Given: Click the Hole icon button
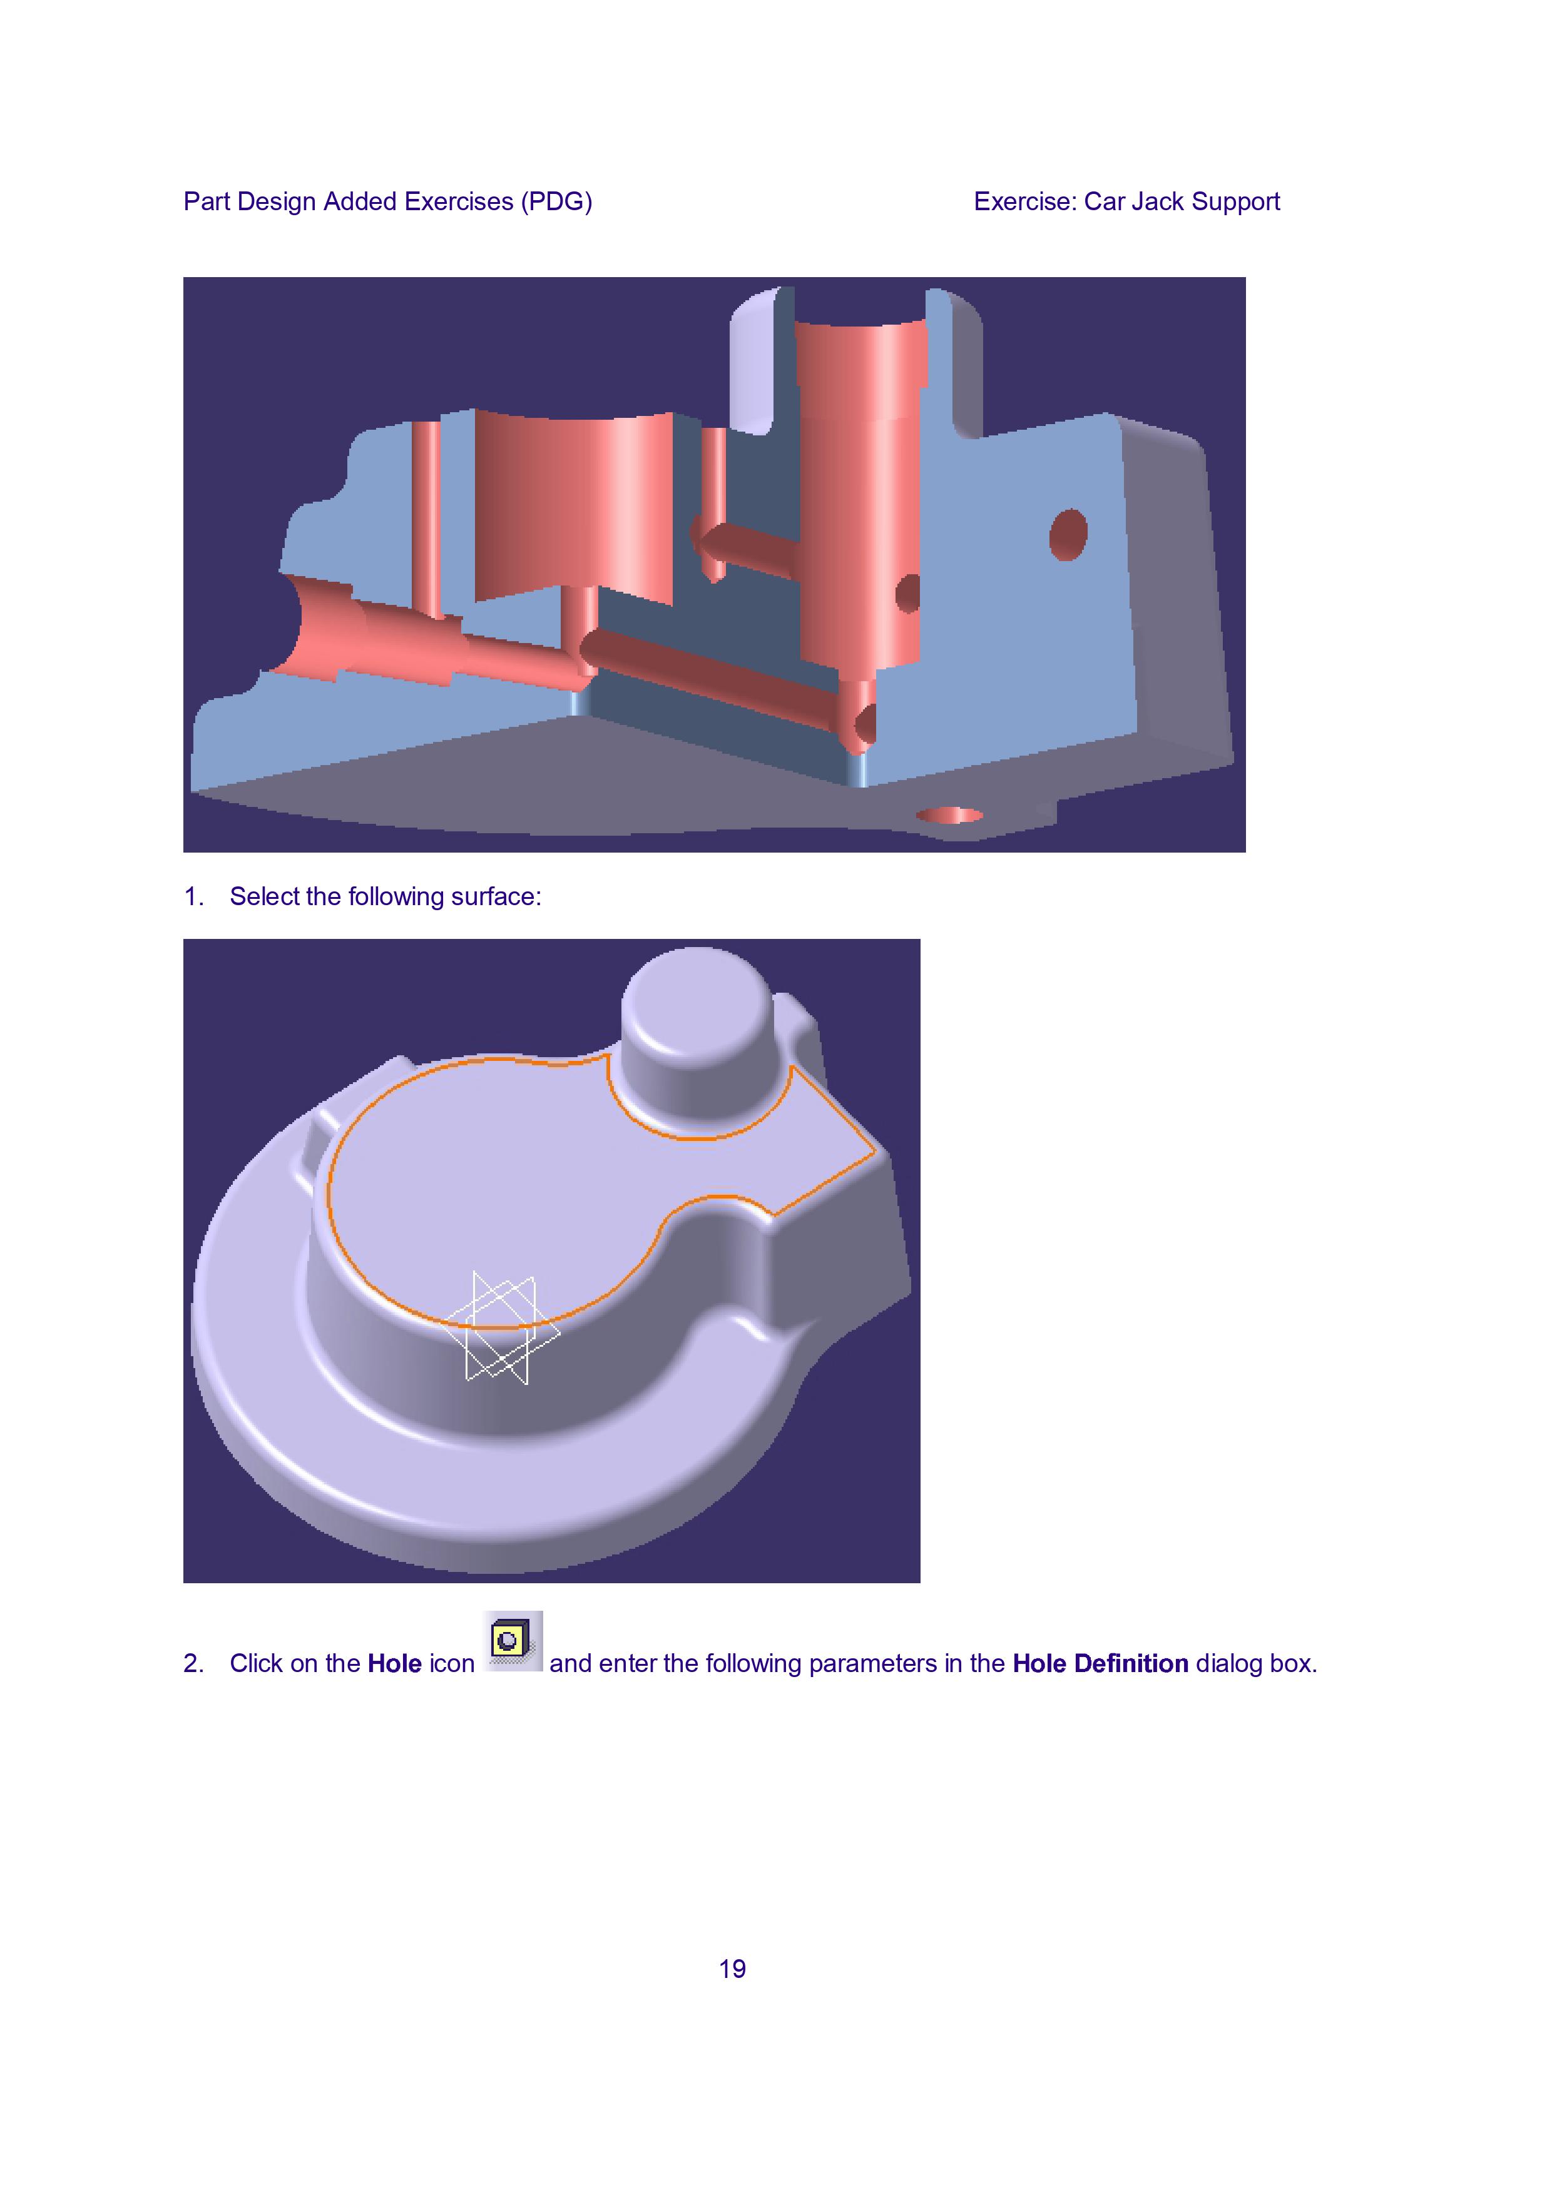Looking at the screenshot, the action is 514,1641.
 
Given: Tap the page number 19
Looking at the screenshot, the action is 732,1969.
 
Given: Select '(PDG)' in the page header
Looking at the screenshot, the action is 556,201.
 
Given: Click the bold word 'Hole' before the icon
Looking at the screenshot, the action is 395,1663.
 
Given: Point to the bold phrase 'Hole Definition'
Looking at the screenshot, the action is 1101,1663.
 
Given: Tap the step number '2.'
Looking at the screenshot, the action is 194,1663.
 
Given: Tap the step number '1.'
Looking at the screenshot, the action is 194,897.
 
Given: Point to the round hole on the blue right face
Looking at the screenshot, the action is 1068,535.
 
